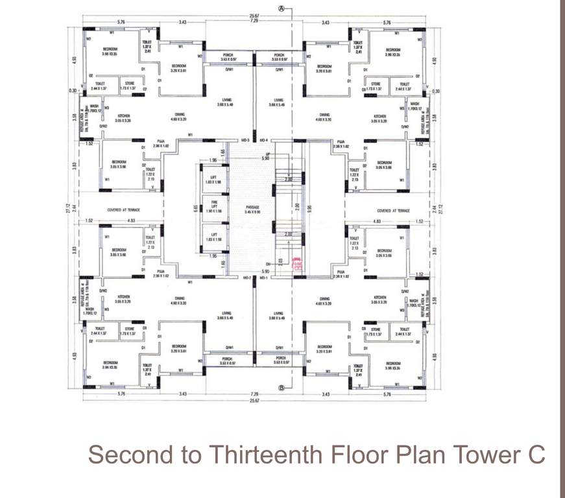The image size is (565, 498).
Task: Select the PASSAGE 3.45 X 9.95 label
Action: point(252,209)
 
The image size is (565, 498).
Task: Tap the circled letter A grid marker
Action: point(282,8)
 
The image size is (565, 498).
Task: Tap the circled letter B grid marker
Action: point(282,388)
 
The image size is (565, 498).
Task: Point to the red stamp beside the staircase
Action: point(298,265)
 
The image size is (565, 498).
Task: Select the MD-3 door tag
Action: point(246,140)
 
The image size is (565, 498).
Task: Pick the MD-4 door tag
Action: point(263,140)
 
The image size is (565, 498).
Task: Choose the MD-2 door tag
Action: point(246,278)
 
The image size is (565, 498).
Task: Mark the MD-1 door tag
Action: point(263,278)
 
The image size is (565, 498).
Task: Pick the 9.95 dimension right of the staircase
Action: point(310,209)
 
